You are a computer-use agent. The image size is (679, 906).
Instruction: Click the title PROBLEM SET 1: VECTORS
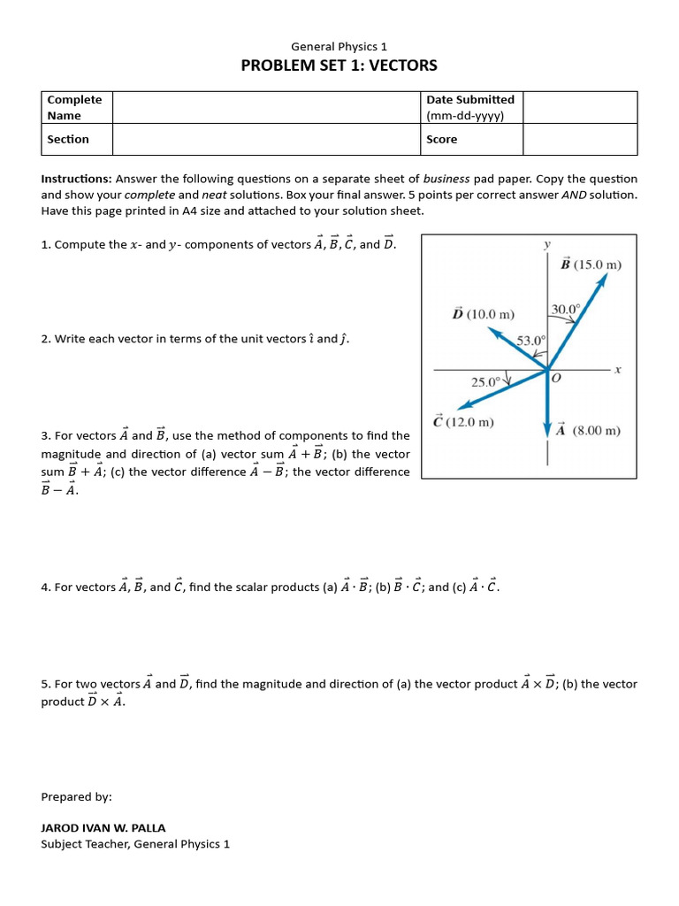tap(339, 65)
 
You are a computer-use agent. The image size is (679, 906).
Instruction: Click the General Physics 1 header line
tap(339, 46)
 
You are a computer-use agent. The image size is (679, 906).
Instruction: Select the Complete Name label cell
tap(76, 107)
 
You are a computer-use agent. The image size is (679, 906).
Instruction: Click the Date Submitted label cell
tap(471, 107)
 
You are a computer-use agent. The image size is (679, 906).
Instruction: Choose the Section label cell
tap(76, 139)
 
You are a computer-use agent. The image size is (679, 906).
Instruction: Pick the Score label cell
tap(471, 139)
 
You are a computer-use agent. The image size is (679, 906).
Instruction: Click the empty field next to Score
tap(579, 139)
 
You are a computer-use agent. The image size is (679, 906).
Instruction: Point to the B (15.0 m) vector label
tap(591, 264)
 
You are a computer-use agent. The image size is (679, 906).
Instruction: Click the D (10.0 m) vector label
tap(483, 313)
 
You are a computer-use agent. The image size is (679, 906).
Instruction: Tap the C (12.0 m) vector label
tap(463, 422)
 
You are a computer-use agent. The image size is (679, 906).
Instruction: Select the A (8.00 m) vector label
tap(589, 431)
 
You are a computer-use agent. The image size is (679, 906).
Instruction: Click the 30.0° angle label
tap(566, 309)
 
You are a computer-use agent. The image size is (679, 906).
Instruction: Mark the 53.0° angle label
tap(531, 340)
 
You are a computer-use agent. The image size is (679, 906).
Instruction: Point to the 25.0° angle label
tap(485, 382)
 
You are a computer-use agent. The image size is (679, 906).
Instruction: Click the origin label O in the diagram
tap(556, 379)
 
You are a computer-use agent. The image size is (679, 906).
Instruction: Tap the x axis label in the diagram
tap(618, 369)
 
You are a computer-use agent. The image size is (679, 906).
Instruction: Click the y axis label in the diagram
tap(548, 243)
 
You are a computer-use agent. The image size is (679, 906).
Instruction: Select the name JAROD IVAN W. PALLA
tap(103, 828)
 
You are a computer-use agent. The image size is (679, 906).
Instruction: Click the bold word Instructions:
tap(76, 179)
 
